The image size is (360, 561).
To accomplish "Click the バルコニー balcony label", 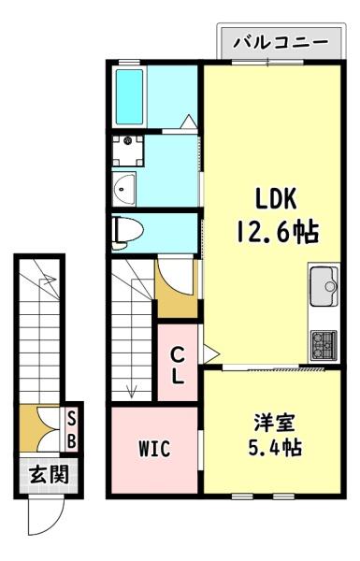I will [280, 42].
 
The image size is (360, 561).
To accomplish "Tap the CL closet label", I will [178, 366].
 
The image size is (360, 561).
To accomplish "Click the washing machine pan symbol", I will [124, 149].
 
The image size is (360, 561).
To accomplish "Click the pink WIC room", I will [154, 467].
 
